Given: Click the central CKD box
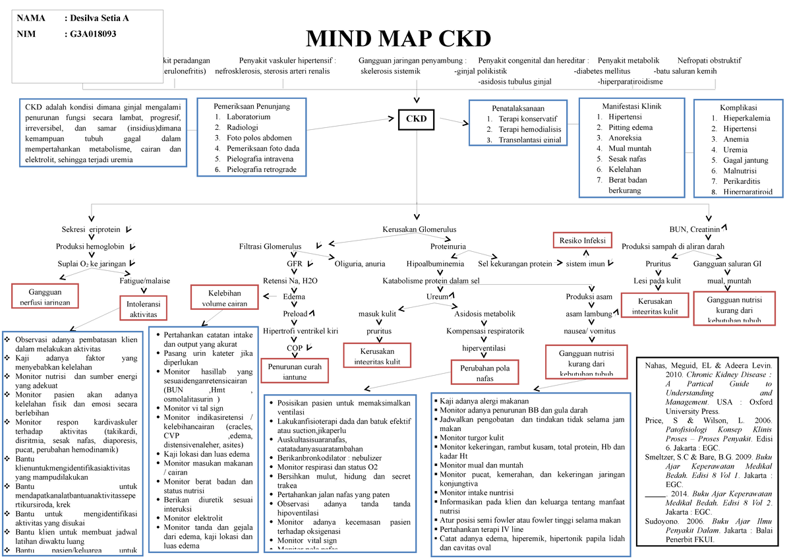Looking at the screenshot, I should [416, 119].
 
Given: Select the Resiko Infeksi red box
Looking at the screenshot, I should [582, 241].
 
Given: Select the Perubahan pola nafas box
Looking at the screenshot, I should [484, 374].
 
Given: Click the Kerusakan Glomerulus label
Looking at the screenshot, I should [419, 229].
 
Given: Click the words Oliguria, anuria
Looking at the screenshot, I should [360, 264].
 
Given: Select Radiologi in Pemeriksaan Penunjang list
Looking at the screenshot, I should [243, 127].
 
